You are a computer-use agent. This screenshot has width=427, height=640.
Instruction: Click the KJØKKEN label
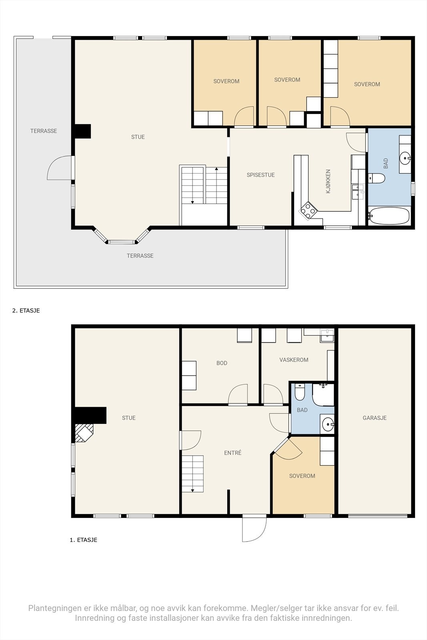328,182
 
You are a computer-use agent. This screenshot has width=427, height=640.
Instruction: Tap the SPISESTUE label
261,175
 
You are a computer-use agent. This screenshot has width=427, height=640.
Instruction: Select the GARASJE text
375,418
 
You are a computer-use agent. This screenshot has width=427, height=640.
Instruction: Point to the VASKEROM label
294,360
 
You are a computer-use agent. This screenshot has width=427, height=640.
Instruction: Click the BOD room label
222,363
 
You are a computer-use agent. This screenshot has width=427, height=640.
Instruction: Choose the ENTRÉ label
233,452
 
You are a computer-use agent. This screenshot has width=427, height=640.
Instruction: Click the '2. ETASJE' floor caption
26,310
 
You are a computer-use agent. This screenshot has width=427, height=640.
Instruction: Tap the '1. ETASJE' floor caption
84,540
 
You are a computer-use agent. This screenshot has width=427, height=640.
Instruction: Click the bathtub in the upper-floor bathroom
389,216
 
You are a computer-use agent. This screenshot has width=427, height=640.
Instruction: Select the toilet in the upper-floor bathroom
377,178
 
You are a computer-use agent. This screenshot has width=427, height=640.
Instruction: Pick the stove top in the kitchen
308,210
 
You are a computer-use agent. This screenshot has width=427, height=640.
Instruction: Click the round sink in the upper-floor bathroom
405,158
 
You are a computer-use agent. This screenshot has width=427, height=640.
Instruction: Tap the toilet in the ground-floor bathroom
300,392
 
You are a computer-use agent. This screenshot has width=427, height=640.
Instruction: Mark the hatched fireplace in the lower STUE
84,432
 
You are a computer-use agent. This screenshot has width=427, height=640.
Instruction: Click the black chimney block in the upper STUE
82,131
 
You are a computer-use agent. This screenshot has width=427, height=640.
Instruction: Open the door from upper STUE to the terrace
60,168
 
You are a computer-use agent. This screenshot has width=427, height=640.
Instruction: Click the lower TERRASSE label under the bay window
140,256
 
